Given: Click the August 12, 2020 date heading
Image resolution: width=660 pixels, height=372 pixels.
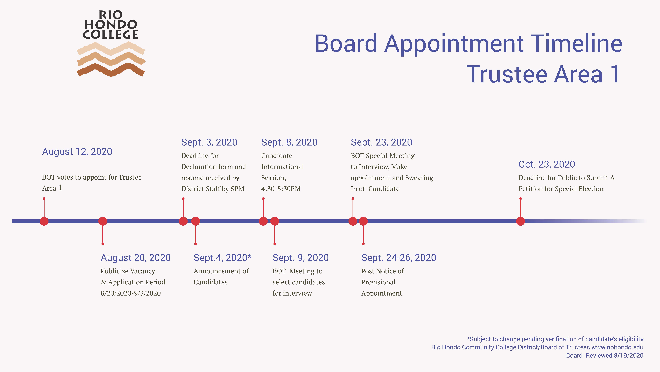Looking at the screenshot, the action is point(77,152).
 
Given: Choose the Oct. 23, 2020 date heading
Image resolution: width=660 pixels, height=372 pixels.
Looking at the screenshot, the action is point(547,164).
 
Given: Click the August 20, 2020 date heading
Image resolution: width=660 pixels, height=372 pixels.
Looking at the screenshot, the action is point(136,258).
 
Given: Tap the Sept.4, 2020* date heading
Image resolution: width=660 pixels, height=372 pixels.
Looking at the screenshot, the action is point(222,258).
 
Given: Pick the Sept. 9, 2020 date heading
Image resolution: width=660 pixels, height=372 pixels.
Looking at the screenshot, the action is point(301,258).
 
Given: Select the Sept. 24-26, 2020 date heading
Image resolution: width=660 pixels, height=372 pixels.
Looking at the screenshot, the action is point(399,258).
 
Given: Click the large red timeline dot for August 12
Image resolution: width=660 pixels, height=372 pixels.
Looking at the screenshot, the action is point(44,221).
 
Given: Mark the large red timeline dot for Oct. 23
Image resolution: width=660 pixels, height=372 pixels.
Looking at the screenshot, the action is point(520,221).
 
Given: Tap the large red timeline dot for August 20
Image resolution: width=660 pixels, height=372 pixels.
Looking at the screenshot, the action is point(103,221).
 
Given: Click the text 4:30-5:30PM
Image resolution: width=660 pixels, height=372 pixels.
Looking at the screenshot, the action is point(281,189).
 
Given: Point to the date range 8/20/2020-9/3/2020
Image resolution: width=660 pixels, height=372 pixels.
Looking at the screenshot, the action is point(131,293).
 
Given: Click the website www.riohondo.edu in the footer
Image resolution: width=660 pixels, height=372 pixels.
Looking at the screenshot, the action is point(617,347).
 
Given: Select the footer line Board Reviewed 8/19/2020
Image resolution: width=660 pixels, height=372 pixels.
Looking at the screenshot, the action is point(605,356).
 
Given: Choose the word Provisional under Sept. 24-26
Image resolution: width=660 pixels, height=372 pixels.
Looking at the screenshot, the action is point(378,282).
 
